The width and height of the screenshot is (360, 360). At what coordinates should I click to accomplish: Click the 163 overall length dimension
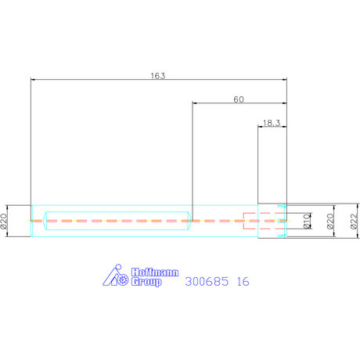[158, 76]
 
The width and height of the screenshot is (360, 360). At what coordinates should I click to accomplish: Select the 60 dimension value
[239, 99]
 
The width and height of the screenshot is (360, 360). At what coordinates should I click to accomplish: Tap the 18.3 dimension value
[272, 123]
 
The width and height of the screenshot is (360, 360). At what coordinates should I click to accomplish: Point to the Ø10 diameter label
[308, 221]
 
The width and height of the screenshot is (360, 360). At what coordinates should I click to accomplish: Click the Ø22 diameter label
[354, 221]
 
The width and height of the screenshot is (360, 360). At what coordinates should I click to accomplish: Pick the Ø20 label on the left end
[3, 221]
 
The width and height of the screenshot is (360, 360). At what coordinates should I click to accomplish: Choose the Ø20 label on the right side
[330, 221]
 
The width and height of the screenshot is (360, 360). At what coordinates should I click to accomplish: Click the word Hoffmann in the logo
[155, 272]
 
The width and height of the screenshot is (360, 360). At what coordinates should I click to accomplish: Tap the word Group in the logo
[146, 282]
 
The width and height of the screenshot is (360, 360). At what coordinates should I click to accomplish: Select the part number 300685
[207, 282]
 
